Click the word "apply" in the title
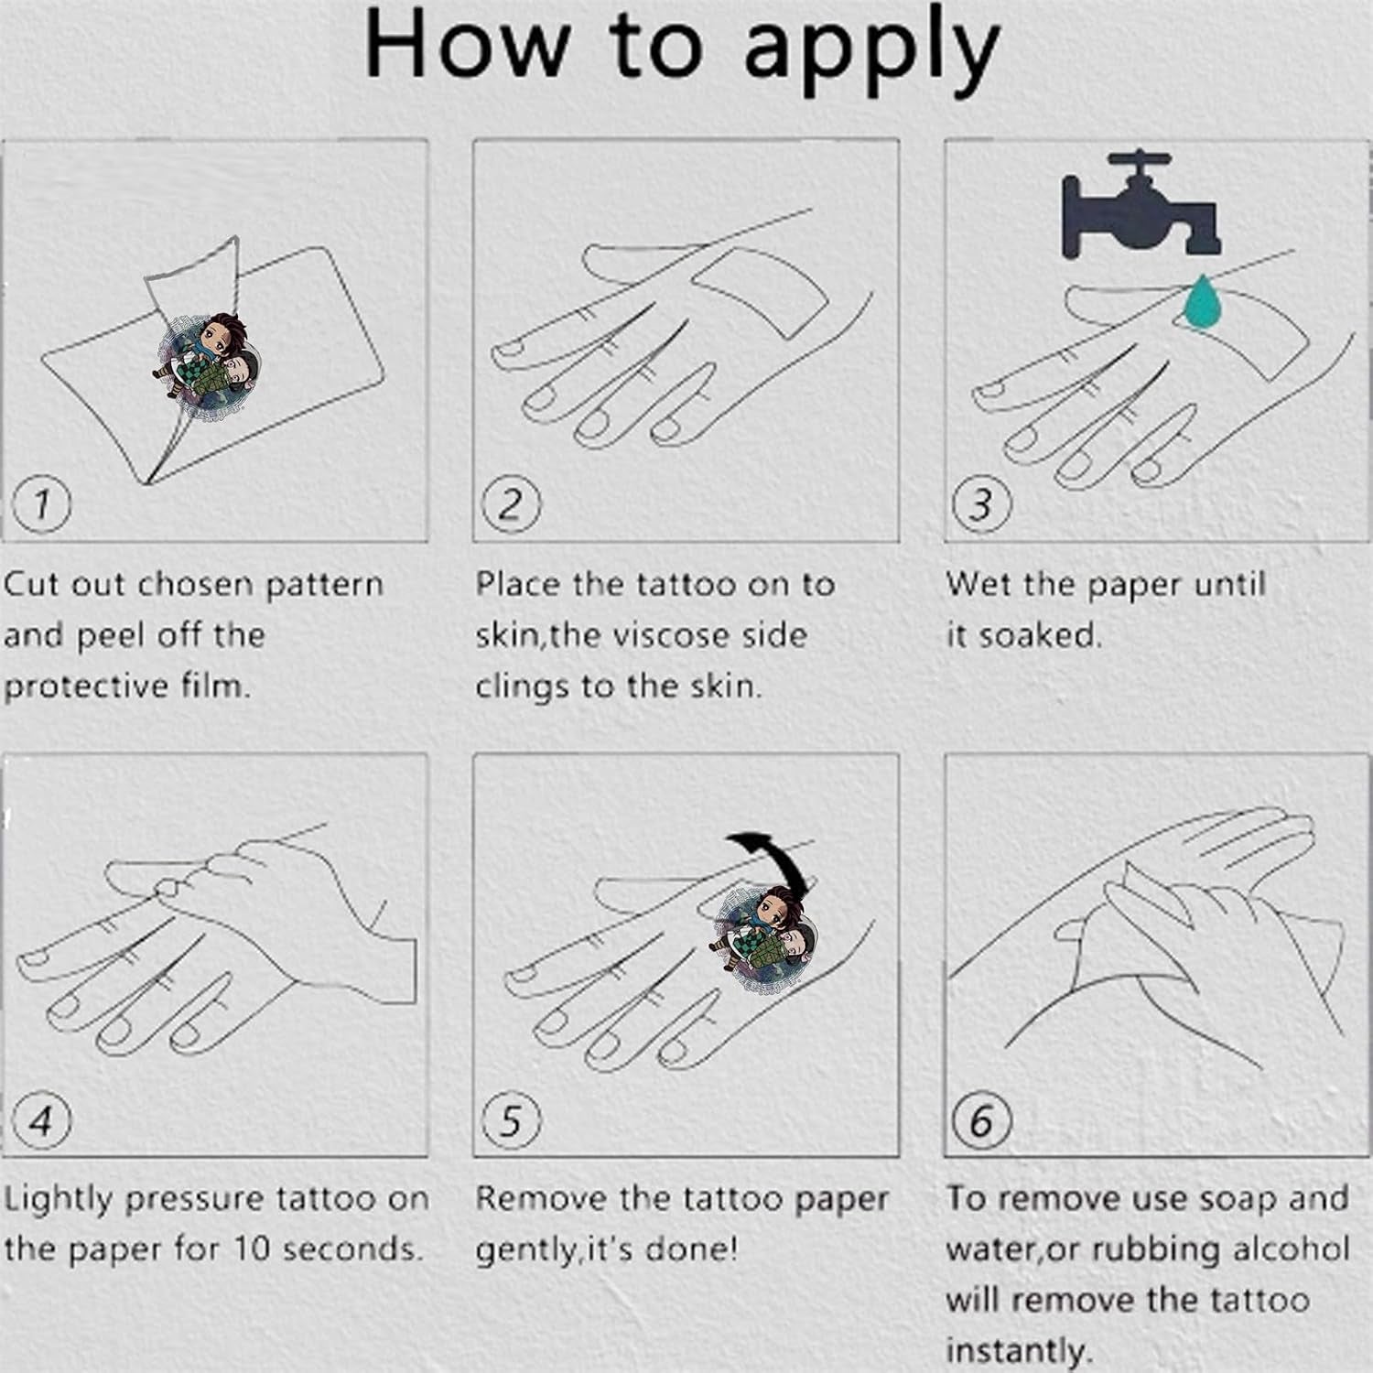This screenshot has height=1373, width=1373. click(x=870, y=51)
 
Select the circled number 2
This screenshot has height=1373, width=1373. click(x=511, y=504)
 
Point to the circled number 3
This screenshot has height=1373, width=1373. click(x=981, y=504)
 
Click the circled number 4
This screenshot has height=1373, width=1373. click(x=41, y=1119)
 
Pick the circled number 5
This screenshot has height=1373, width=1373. click(x=511, y=1120)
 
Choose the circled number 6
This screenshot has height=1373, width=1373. click(x=981, y=1120)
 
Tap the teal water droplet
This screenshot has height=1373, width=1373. click(x=1203, y=301)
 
